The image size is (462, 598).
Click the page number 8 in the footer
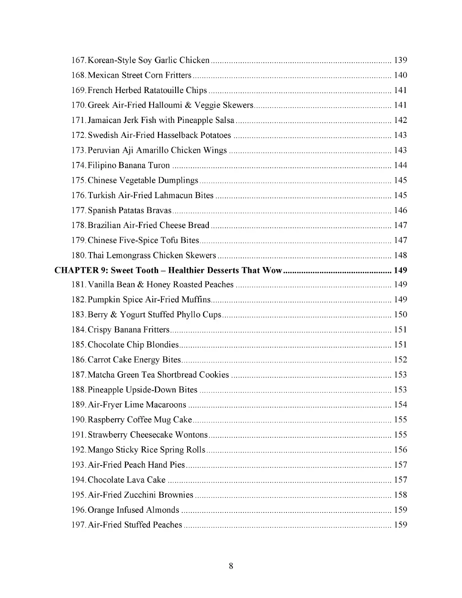point(231,566)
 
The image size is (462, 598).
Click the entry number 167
point(78,60)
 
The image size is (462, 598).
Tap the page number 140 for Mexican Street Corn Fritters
point(400,75)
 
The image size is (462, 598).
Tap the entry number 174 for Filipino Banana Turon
point(78,165)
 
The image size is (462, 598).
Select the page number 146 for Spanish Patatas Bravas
point(400,210)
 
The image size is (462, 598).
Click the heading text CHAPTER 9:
point(81,270)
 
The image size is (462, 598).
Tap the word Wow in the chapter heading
point(272,270)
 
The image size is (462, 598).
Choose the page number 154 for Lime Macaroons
point(400,404)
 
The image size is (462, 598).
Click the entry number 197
point(78,525)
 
